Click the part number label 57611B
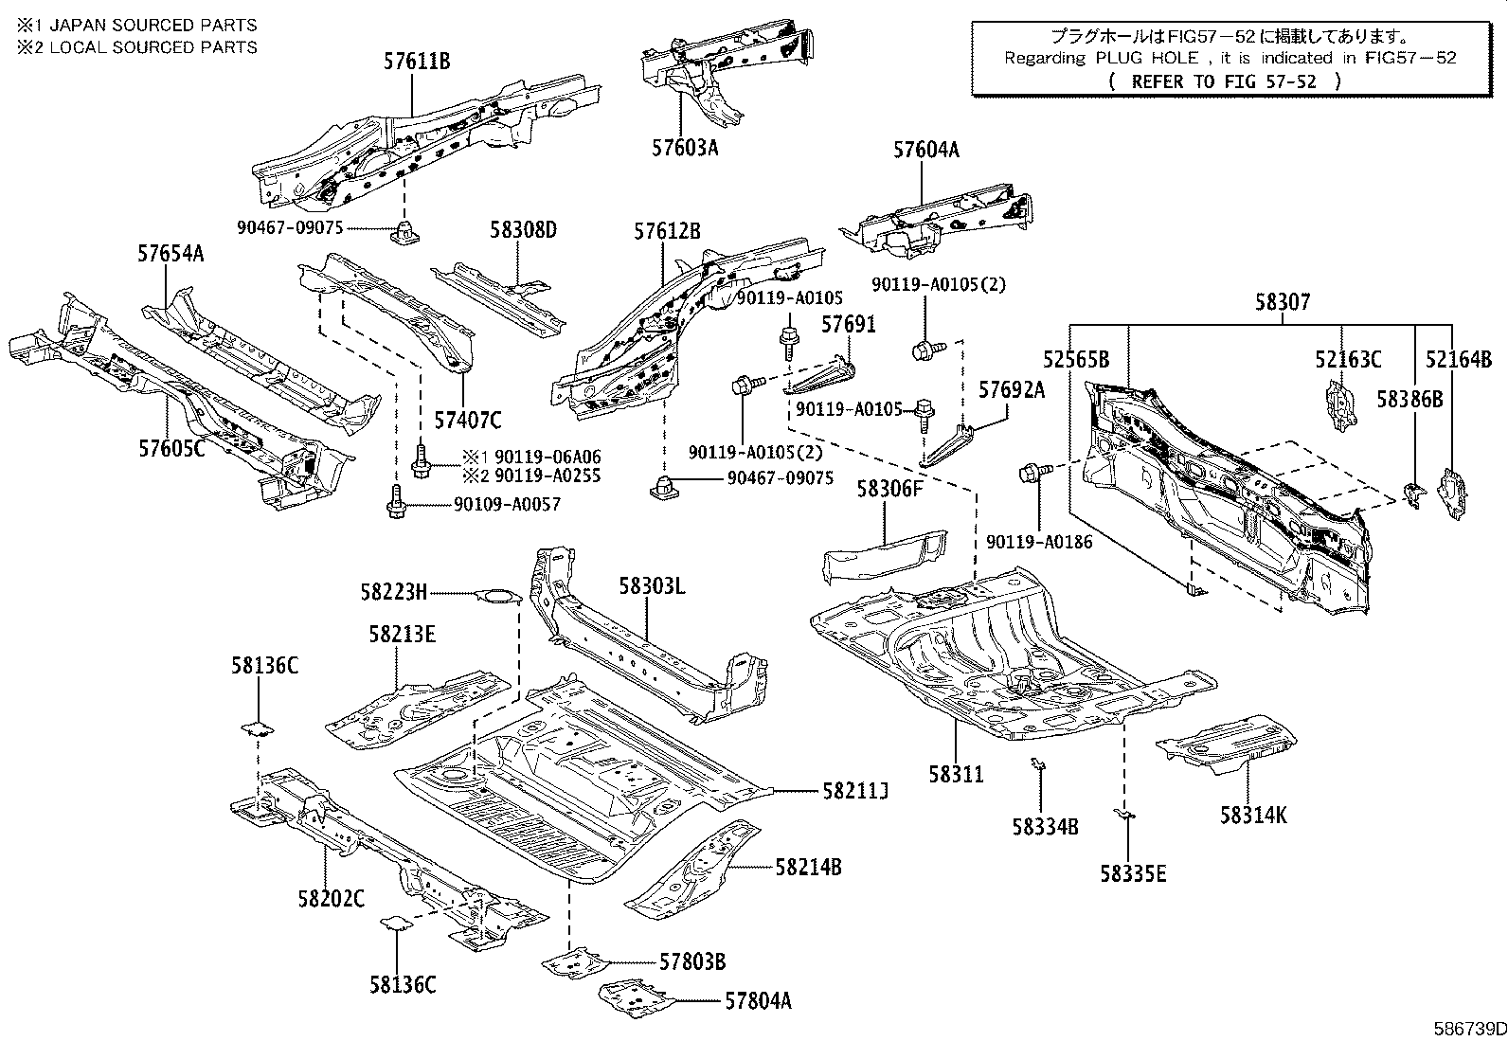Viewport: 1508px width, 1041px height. tap(417, 62)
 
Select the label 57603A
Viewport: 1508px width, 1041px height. tap(685, 148)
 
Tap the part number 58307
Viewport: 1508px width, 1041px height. tap(1283, 302)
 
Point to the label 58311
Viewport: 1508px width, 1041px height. tap(956, 774)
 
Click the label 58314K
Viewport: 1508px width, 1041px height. tap(1253, 815)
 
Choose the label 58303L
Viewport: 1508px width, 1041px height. tap(652, 586)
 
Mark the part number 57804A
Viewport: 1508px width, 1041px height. tap(758, 999)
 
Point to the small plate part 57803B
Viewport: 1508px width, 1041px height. tap(578, 961)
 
